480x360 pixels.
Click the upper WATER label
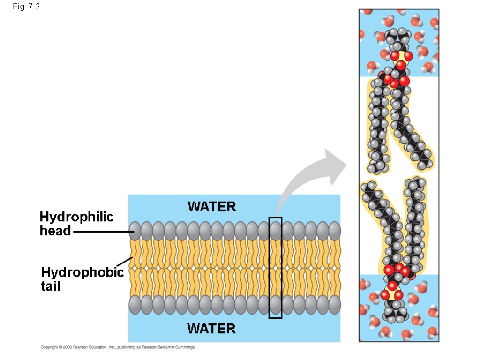pos(212,206)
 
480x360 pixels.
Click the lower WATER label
pos(211,329)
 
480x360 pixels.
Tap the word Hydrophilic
pos(76,217)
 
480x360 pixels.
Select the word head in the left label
pos(55,231)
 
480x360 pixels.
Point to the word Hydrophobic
pos(82,272)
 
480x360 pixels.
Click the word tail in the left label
pos(51,286)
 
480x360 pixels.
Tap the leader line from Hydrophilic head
pos(101,232)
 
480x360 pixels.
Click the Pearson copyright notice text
pos(118,347)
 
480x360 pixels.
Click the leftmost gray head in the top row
pos(135,231)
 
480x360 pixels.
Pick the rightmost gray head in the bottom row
pos(334,305)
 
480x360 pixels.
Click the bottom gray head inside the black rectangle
pos(276,305)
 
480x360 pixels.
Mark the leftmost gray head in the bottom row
pos(135,305)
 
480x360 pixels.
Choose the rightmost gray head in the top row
pos(334,231)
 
